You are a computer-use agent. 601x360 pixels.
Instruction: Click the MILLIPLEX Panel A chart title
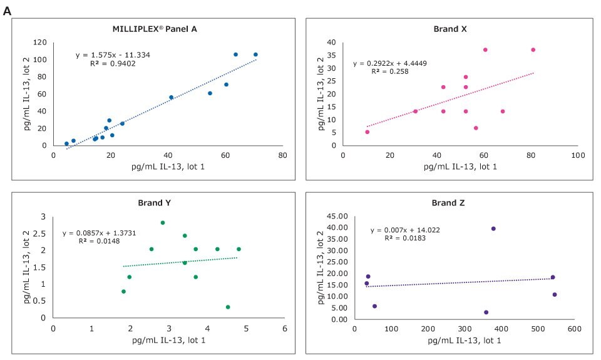pyautogui.click(x=154, y=29)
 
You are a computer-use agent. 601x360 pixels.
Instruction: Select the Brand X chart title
pyautogui.click(x=450, y=29)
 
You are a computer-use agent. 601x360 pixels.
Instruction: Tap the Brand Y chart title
pyautogui.click(x=154, y=203)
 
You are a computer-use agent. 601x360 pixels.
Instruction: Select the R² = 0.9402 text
pyautogui.click(x=111, y=63)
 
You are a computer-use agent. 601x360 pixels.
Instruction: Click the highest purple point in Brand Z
pyautogui.click(x=493, y=229)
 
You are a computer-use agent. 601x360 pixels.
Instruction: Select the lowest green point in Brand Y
pyautogui.click(x=228, y=307)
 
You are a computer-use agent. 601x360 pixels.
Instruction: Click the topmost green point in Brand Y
pyautogui.click(x=163, y=222)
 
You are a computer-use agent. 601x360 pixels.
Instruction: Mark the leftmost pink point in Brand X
pyautogui.click(x=367, y=131)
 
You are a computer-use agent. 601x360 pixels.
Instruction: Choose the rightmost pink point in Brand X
pyautogui.click(x=533, y=49)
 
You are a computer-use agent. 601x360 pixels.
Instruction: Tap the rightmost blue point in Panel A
pyautogui.click(x=255, y=54)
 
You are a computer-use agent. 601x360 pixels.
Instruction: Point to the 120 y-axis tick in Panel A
pyautogui.click(x=41, y=42)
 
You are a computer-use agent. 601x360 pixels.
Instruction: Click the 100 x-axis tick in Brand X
pyautogui.click(x=577, y=155)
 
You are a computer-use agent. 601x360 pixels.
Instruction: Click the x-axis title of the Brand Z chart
pyautogui.click(x=464, y=340)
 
